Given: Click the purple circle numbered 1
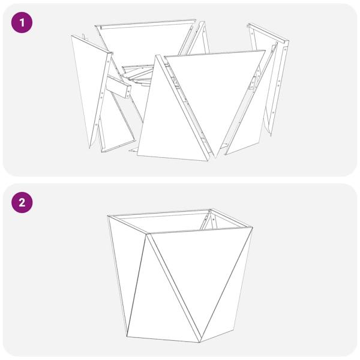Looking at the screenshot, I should [x=22, y=23].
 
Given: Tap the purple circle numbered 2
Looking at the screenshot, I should [x=22, y=202].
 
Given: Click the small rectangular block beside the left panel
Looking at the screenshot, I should [x=120, y=88].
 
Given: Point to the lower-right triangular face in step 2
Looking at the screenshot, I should [x=225, y=300].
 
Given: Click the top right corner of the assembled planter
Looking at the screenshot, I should [x=251, y=228].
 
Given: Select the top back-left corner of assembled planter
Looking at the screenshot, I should [x=109, y=217].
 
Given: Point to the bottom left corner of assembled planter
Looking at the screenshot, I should [x=127, y=335].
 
